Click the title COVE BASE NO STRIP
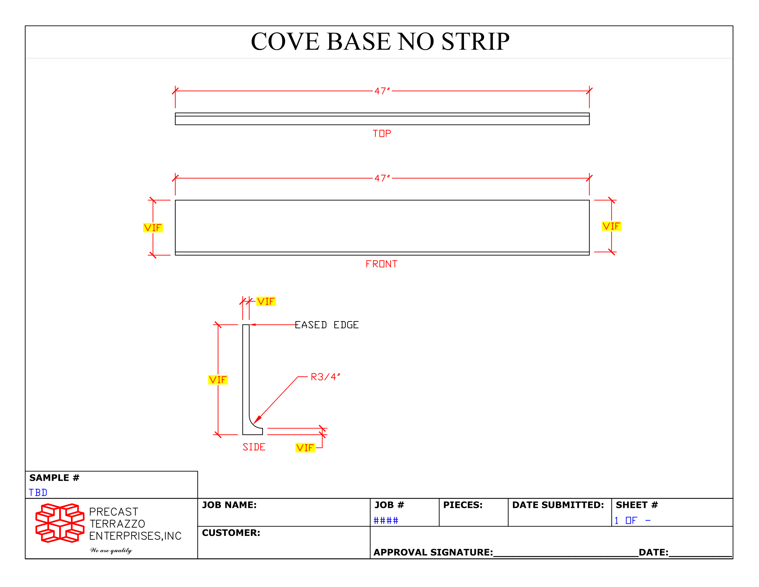[380, 41]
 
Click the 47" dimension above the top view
[382, 91]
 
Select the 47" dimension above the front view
[382, 179]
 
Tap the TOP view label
[382, 134]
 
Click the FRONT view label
[381, 264]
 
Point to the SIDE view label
[254, 447]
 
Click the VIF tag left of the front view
[153, 228]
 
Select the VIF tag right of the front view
[611, 227]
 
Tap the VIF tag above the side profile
[266, 301]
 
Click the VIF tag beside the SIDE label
[305, 448]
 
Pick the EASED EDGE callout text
[327, 325]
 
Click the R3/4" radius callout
[325, 377]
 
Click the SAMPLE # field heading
[55, 478]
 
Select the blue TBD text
[38, 493]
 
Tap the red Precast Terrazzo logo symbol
[60, 523]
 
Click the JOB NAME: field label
[229, 505]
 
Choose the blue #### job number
[386, 521]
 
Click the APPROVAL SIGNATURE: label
[433, 552]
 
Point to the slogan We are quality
[111, 550]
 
